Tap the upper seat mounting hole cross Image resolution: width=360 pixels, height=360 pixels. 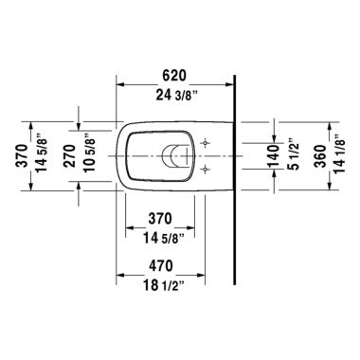pos(206,142)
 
